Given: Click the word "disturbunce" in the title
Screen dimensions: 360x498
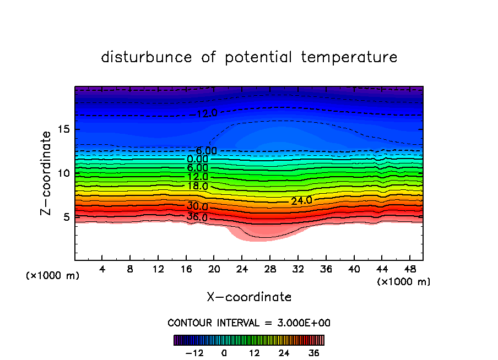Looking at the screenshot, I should [x=147, y=57].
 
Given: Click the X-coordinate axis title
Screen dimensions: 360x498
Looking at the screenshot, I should [x=249, y=297].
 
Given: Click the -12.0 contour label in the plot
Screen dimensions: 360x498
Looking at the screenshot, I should [x=207, y=114].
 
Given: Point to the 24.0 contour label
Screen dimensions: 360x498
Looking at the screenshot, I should [x=301, y=201].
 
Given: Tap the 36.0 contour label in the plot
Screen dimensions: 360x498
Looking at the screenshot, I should [x=197, y=217].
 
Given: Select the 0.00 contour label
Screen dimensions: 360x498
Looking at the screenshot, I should [x=197, y=159].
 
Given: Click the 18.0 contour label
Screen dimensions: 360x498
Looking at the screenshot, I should [x=197, y=186].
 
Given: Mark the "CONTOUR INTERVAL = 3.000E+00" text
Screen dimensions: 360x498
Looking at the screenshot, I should [x=249, y=323].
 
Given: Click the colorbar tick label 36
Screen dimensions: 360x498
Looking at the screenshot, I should [x=314, y=352].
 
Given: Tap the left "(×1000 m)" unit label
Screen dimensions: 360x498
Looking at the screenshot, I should [x=53, y=276].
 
